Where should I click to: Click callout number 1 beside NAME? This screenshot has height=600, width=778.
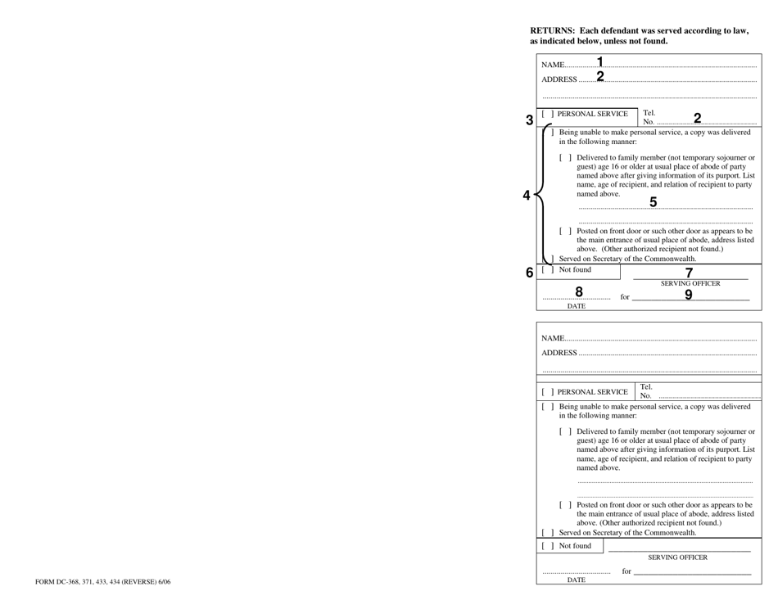tap(600, 61)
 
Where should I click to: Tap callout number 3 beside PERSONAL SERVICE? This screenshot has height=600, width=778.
tap(529, 120)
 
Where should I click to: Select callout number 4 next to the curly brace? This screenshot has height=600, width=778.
tap(527, 196)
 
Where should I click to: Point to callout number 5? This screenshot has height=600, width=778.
tap(653, 202)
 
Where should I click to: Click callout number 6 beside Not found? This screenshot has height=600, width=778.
tap(529, 272)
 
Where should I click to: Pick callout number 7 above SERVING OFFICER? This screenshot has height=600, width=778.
tap(689, 273)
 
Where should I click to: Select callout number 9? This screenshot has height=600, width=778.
tap(689, 295)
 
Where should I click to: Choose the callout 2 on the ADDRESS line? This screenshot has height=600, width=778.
tap(600, 77)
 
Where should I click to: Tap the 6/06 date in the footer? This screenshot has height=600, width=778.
tap(161, 583)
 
